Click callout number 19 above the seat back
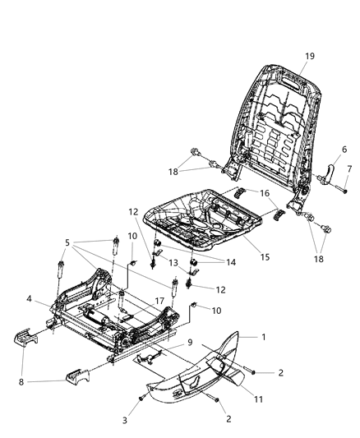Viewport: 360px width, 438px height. tap(310, 56)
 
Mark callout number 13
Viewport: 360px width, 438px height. tap(173, 262)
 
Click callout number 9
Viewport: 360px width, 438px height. tap(190, 343)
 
